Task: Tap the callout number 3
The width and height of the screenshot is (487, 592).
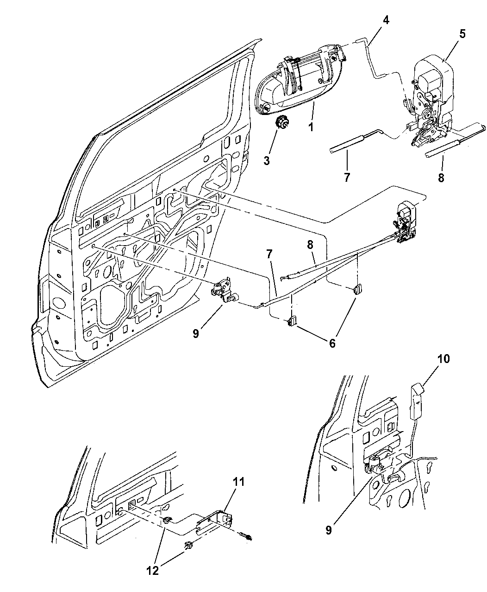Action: (267, 161)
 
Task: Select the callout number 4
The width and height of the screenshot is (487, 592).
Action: (386, 20)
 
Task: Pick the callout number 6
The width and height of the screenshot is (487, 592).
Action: (345, 343)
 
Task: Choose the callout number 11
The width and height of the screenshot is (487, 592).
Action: (238, 482)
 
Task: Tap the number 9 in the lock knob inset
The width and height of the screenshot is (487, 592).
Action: (328, 530)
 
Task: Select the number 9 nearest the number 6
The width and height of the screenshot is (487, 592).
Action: (196, 333)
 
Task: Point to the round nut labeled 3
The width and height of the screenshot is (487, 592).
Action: (281, 123)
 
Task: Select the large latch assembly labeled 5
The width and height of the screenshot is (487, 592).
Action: (431, 102)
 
